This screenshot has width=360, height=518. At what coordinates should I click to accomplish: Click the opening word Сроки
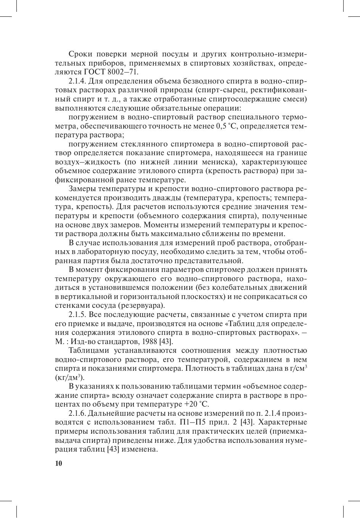80,54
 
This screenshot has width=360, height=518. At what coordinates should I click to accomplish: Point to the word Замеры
82,189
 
